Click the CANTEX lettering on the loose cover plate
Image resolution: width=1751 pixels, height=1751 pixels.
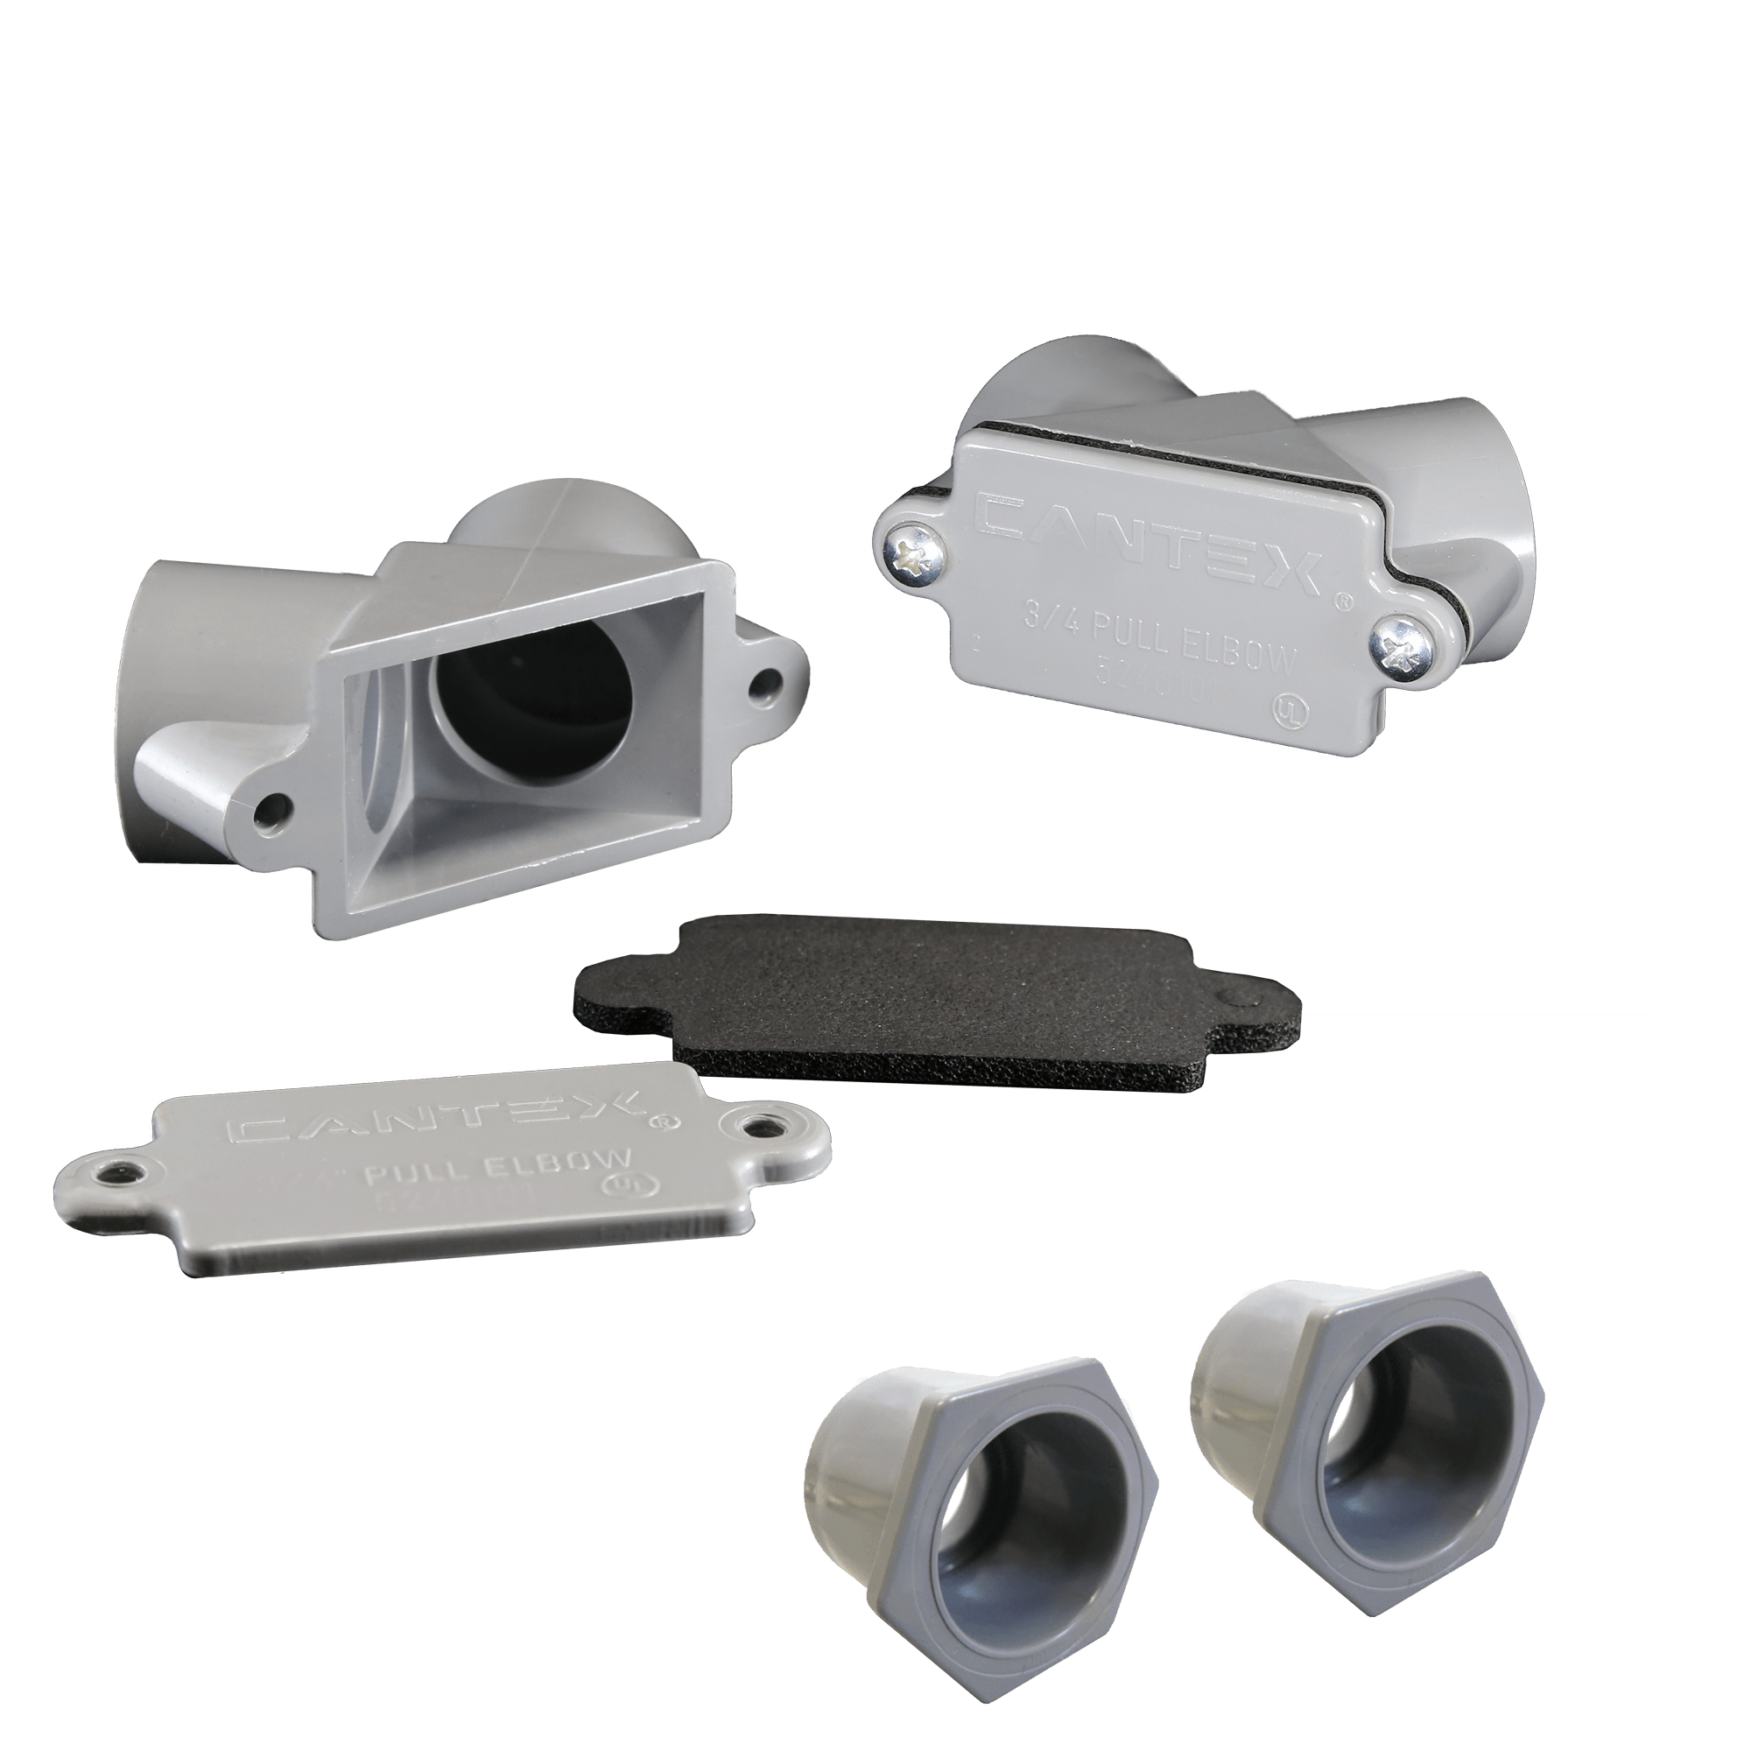pos(435,1117)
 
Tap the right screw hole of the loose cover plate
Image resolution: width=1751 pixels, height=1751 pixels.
pos(759,1126)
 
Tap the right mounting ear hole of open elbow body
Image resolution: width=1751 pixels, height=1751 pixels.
pos(767,677)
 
